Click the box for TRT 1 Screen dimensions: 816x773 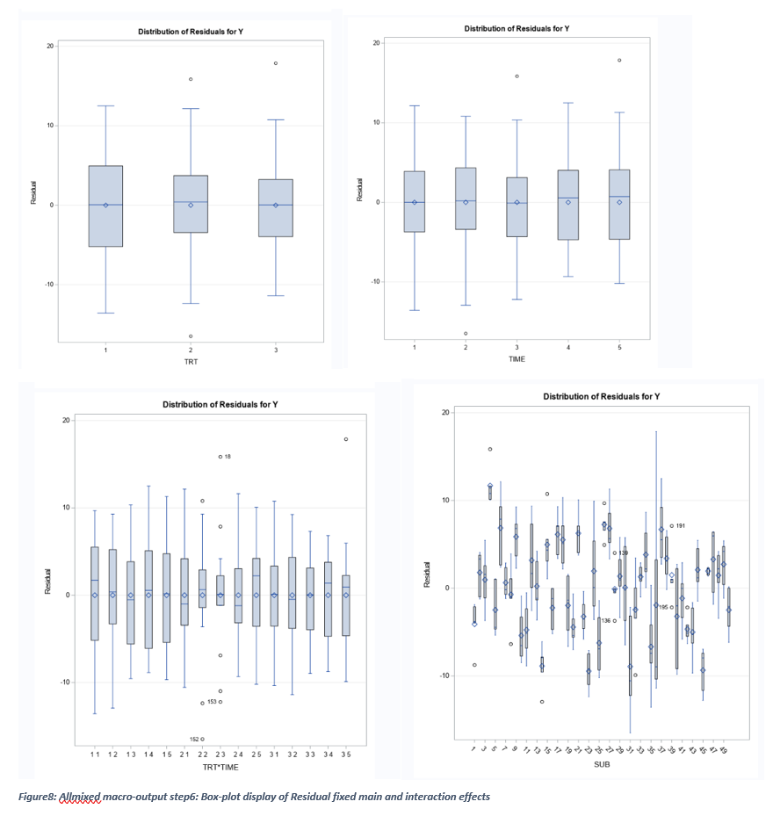coord(105,206)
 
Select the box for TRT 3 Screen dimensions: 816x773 coord(275,207)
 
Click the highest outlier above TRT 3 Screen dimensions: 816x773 coord(275,63)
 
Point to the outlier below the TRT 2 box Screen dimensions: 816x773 coord(190,336)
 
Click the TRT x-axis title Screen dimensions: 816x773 coord(191,361)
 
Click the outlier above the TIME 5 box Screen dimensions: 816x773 coord(619,61)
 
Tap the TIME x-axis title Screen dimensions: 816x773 coord(517,358)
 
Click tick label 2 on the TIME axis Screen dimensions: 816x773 coord(466,348)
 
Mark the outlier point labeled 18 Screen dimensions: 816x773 coord(220,457)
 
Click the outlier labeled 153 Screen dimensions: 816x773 coord(220,702)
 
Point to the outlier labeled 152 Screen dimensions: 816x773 coord(202,739)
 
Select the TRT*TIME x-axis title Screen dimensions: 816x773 coord(220,767)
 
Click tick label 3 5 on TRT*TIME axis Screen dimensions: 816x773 coord(345,755)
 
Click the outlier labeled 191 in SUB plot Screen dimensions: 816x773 coord(671,526)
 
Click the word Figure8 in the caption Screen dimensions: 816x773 coord(38,797)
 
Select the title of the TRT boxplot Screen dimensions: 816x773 coord(191,32)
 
